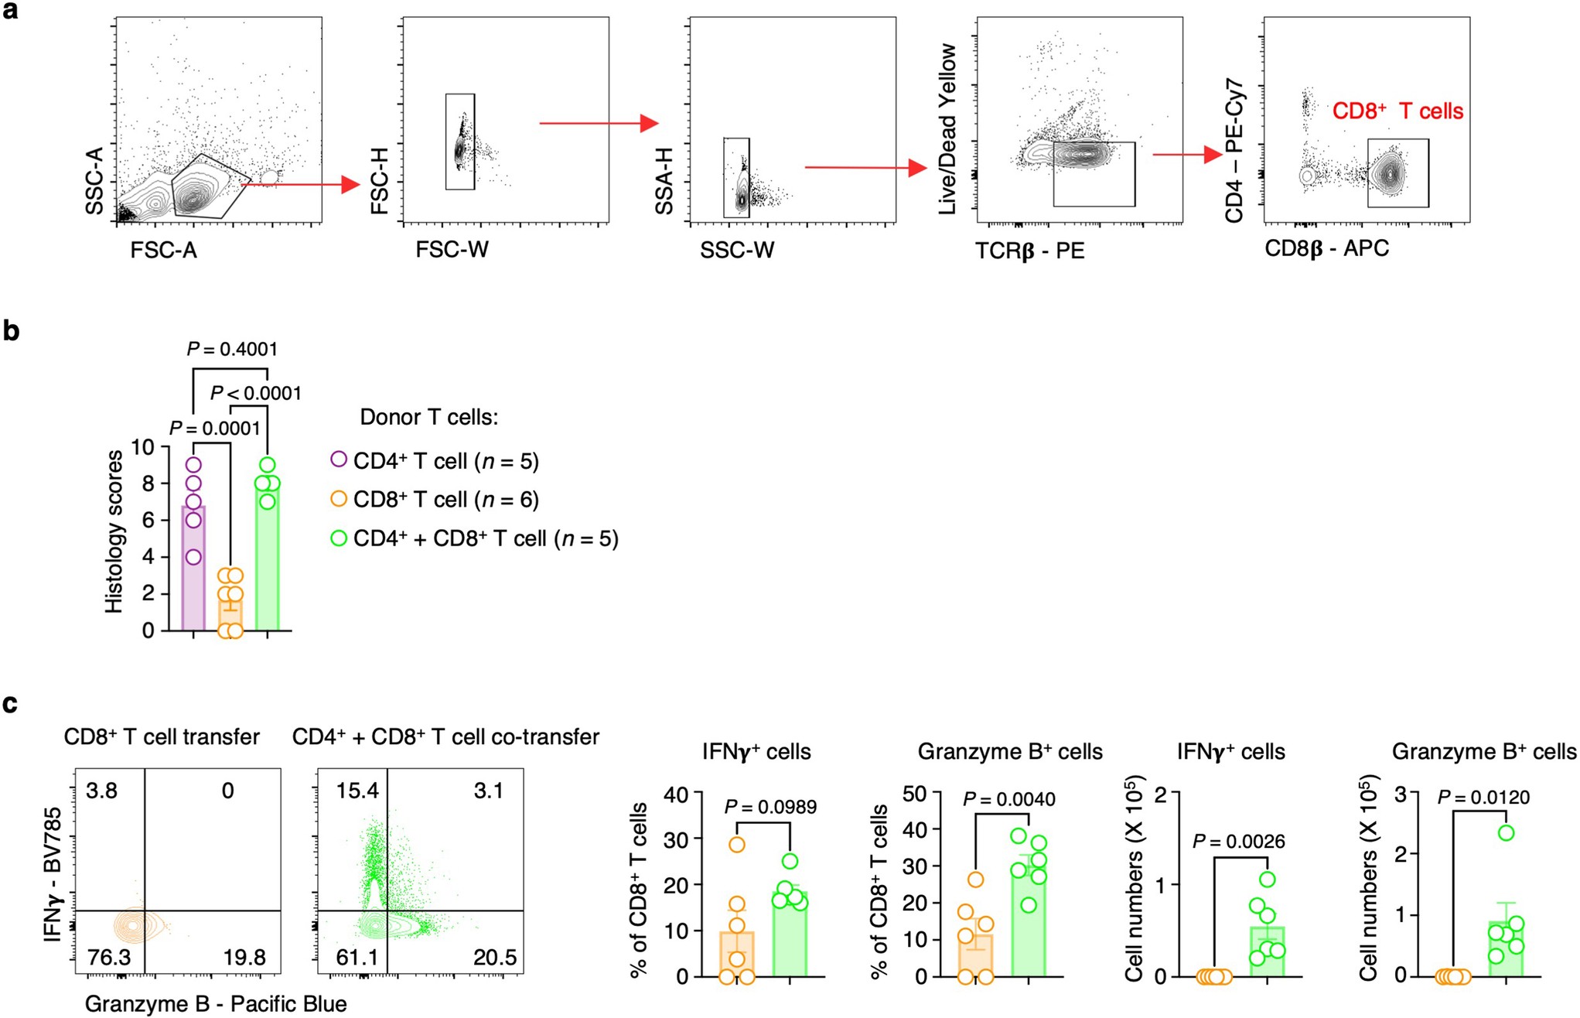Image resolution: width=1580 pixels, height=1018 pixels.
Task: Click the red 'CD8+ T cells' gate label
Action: (x=1397, y=111)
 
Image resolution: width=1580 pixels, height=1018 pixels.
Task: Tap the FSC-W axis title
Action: (x=452, y=250)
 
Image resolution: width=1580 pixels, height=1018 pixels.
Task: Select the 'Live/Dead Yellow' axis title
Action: (x=947, y=129)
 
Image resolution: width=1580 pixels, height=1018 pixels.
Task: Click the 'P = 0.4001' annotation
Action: (x=232, y=350)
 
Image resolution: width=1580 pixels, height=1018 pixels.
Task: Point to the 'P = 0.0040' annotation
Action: (x=1008, y=799)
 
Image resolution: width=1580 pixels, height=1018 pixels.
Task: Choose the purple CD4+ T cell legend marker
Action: (x=339, y=459)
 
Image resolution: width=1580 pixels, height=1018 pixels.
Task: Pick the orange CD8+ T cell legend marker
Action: (x=339, y=499)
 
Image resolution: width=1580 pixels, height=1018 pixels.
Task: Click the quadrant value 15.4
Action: (x=357, y=791)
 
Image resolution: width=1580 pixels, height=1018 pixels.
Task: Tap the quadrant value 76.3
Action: (x=109, y=958)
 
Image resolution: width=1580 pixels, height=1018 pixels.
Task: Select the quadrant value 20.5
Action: (x=495, y=958)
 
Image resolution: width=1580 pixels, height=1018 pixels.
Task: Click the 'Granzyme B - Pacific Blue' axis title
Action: (x=216, y=1004)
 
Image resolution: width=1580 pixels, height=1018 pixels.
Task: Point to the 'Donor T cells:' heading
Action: (x=429, y=418)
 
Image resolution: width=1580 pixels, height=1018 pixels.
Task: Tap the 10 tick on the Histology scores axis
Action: (x=143, y=447)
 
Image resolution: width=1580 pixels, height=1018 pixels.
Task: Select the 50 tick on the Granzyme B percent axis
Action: (x=915, y=793)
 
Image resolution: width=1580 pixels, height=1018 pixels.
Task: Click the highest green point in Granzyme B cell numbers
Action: (x=1506, y=833)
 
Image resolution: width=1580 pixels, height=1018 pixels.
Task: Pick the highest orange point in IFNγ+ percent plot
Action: (x=737, y=845)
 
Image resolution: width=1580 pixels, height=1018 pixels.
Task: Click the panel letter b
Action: (x=11, y=331)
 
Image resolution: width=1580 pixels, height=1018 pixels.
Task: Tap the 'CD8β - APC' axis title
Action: (x=1326, y=249)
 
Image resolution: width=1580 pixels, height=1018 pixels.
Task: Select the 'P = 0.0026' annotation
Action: (x=1238, y=842)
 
